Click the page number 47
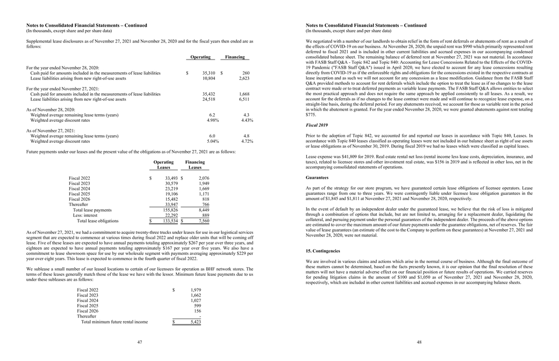point(139,342)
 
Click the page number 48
point(419,342)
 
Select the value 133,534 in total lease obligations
point(170,220)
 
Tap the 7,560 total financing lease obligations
point(203,220)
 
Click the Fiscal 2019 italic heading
point(317,125)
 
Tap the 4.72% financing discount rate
point(247,141)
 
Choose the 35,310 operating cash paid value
point(209,73)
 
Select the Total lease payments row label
point(92,210)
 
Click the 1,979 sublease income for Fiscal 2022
point(195,290)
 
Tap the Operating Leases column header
point(163,165)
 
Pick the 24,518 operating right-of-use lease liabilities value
point(209,99)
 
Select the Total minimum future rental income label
point(114,322)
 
